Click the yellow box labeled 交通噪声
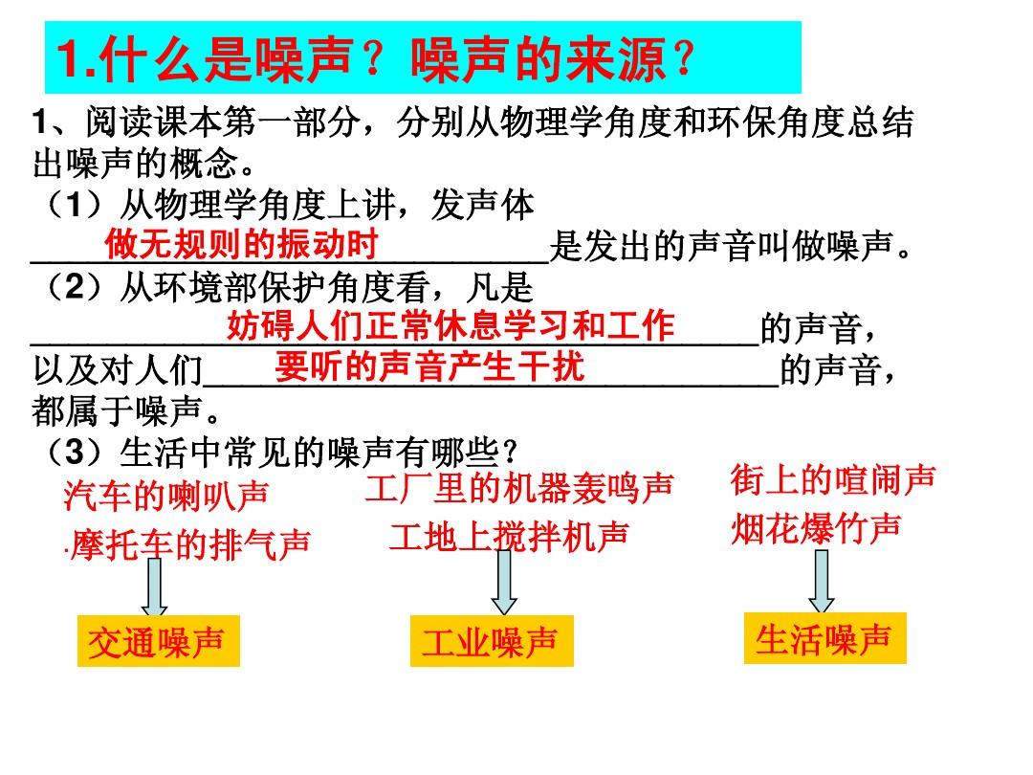point(158,641)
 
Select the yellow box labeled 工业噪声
point(492,641)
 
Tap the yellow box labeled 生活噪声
point(824,638)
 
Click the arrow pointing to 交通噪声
point(154,587)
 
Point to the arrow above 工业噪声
point(504,583)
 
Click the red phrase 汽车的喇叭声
point(166,496)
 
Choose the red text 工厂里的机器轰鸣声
point(519,488)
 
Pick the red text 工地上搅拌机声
point(509,537)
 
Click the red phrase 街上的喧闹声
point(833,479)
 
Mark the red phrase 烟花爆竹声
point(816,528)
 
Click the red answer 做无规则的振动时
point(241,244)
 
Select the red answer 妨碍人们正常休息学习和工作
point(451,325)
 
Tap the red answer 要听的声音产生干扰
point(429,366)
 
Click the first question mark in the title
point(374,58)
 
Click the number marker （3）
point(75,452)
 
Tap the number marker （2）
point(75,287)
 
